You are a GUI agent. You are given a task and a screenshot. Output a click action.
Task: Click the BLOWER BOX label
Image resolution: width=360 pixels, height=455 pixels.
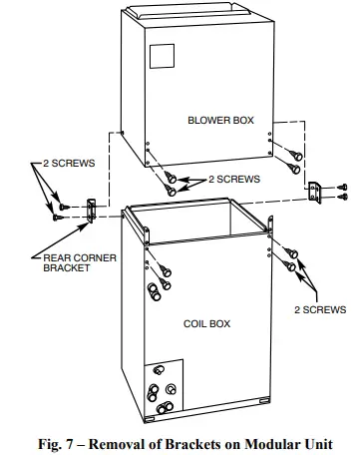click(x=220, y=120)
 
